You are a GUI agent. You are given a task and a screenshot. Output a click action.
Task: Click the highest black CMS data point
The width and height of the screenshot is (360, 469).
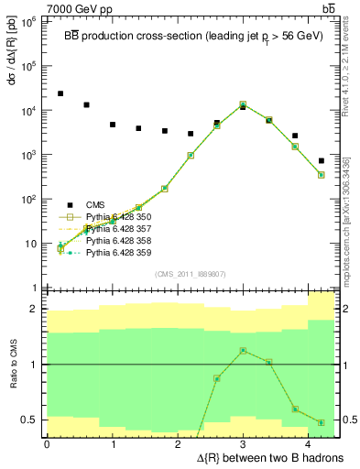point(60,93)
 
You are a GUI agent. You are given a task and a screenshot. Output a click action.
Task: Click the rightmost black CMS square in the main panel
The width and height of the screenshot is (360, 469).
point(322,161)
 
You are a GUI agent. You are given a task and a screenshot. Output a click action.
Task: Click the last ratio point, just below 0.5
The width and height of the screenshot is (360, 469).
point(322,422)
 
